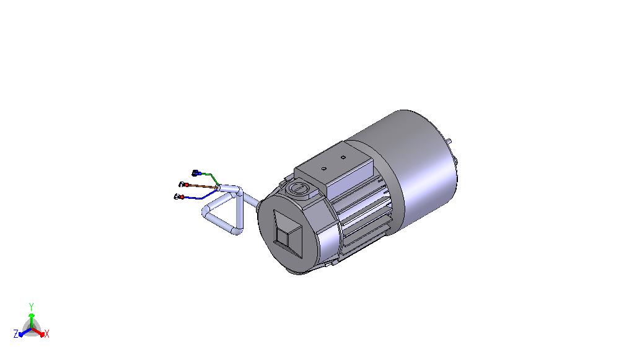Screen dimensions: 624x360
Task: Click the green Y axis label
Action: click(x=32, y=307)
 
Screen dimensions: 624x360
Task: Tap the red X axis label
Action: click(x=46, y=334)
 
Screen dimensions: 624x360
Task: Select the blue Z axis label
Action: click(x=16, y=334)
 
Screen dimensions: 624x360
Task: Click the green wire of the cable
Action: click(x=211, y=177)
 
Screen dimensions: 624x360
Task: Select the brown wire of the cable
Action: click(x=203, y=186)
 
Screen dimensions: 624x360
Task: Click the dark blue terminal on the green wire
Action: click(x=196, y=173)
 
